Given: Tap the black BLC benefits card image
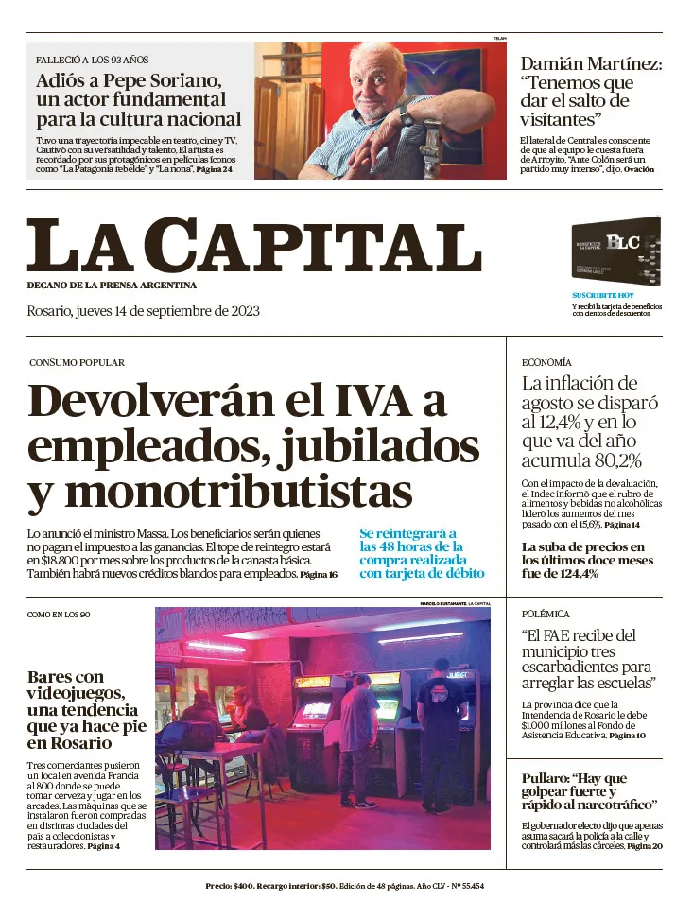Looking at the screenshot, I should tap(615, 252).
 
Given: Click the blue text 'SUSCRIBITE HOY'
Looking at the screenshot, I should tap(602, 296).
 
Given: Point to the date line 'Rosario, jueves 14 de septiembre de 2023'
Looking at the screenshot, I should tap(143, 311).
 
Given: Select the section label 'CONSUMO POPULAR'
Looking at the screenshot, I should tap(77, 362).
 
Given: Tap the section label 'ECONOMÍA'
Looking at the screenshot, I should tap(546, 362).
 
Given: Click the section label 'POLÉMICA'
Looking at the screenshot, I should tap(546, 614).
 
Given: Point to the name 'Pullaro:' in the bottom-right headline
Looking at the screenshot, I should tap(547, 778).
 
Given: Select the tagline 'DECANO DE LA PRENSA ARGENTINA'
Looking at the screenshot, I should tap(112, 285).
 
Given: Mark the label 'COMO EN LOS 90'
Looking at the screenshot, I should tap(59, 615).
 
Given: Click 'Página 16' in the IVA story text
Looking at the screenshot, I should tap(319, 575).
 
